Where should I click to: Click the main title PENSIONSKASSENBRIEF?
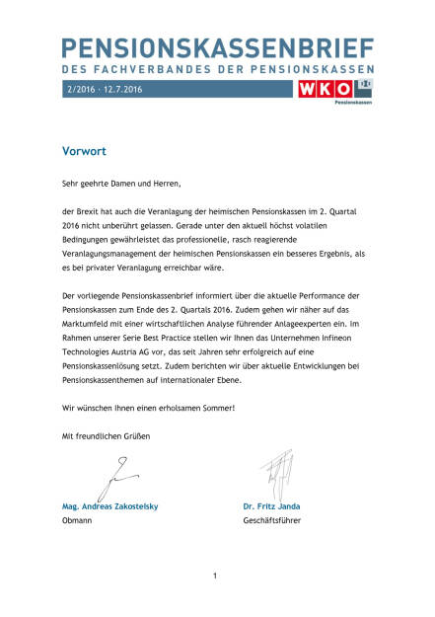point(217,47)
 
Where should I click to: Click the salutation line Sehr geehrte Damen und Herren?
point(122,183)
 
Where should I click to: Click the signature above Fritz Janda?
point(276,475)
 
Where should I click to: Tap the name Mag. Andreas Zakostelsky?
point(109,506)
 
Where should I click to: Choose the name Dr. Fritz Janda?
point(271,506)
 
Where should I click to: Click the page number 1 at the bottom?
point(215,575)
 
